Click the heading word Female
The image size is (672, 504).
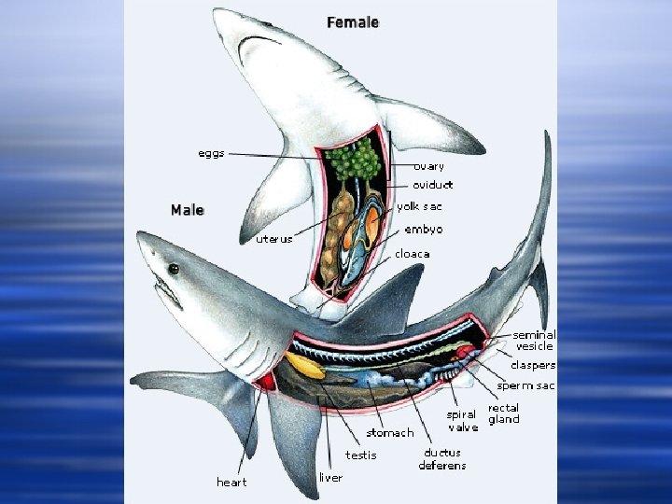pyautogui.click(x=353, y=21)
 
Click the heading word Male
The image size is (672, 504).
pyautogui.click(x=187, y=210)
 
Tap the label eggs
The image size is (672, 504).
pyautogui.click(x=211, y=153)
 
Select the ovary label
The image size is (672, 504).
pyautogui.click(x=428, y=166)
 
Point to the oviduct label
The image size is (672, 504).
pyautogui.click(x=432, y=185)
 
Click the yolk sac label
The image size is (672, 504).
pyautogui.click(x=419, y=206)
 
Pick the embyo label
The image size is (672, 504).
pyautogui.click(x=424, y=230)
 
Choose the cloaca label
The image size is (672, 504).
pyautogui.click(x=413, y=253)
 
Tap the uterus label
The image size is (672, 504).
pyautogui.click(x=274, y=239)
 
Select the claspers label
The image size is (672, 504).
pyautogui.click(x=533, y=365)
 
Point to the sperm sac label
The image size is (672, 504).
pyautogui.click(x=525, y=385)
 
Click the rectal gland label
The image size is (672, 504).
pyautogui.click(x=504, y=413)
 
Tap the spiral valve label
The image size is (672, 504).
pyautogui.click(x=462, y=420)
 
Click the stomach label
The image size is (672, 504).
pyautogui.click(x=390, y=432)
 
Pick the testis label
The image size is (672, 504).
pyautogui.click(x=361, y=455)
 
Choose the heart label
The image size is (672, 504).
pyautogui.click(x=231, y=482)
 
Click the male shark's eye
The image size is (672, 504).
pyautogui.click(x=174, y=269)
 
